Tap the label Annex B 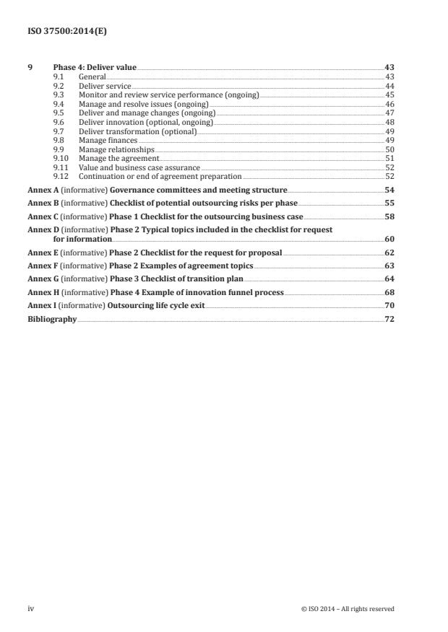[x=40, y=203]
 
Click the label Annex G [x=40, y=278]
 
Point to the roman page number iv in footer [x=31, y=609]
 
